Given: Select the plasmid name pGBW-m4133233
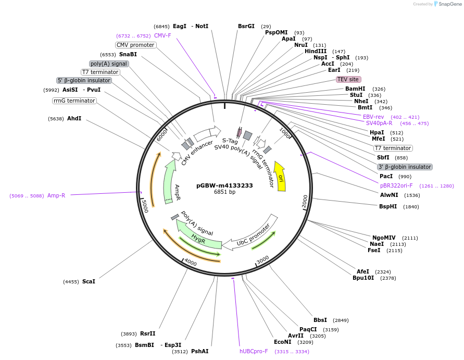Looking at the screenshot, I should [x=224, y=185].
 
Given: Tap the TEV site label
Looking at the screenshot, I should [x=348, y=79].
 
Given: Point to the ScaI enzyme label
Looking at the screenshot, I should [x=89, y=281].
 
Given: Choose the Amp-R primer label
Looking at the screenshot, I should [x=56, y=195].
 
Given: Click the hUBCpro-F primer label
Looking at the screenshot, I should [x=254, y=351].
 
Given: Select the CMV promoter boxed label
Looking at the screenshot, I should [x=135, y=45].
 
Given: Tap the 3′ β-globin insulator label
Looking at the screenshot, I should [x=405, y=167].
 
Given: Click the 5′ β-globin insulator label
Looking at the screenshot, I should [x=84, y=80].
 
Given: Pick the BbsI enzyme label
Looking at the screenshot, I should [x=320, y=320].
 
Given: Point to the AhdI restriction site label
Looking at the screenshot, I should [x=74, y=118].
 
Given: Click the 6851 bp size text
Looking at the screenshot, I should [x=224, y=192].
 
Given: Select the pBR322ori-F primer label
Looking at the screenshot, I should [x=396, y=185].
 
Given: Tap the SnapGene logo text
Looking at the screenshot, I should [x=450, y=4].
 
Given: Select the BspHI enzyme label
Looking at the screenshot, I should [x=388, y=206].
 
